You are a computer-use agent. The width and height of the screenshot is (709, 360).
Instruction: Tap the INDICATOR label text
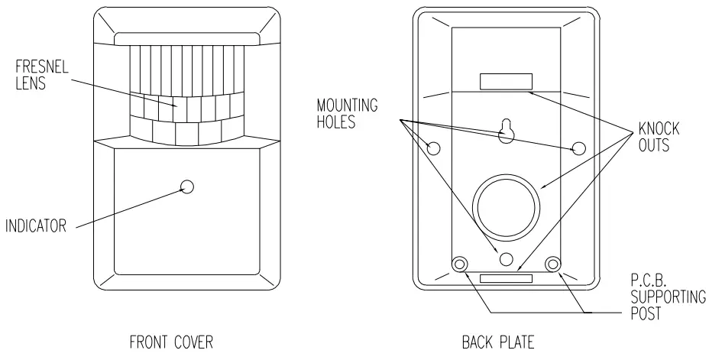coord(38,225)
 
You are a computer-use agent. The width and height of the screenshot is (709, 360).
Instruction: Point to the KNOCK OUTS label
coord(656,136)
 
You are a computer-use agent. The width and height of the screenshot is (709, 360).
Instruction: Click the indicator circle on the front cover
coord(187,186)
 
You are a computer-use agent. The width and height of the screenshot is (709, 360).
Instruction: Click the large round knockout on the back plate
coord(505,206)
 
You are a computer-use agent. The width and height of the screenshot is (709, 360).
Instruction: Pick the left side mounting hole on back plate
coord(434,148)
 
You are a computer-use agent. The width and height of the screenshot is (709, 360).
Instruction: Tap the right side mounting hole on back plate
coord(579,148)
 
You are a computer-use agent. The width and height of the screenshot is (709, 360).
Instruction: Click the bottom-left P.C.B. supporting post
coord(459,264)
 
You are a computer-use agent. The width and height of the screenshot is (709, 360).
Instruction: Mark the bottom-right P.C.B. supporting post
coord(552,264)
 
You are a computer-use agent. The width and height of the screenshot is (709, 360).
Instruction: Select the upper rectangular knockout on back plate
coord(506,81)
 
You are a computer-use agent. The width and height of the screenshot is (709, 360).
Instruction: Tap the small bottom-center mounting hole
coord(505,258)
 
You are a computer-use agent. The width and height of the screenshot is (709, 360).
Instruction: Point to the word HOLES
coord(336,121)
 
